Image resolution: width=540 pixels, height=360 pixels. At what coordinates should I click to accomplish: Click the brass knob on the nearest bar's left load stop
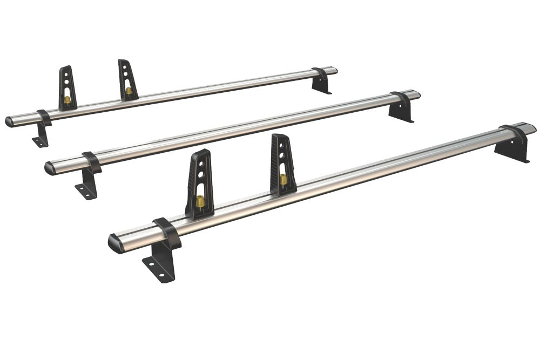(x=200, y=201)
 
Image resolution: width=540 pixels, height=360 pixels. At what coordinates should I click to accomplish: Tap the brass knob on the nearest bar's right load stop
(x=283, y=179)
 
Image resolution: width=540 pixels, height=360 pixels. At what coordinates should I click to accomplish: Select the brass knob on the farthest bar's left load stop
(x=67, y=100)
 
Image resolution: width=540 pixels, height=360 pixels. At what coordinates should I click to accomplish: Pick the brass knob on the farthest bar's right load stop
(x=129, y=90)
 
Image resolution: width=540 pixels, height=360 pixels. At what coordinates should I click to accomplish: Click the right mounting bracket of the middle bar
(x=401, y=110)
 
